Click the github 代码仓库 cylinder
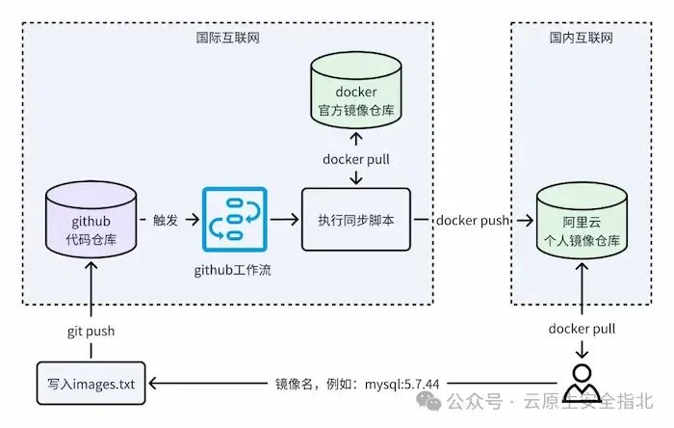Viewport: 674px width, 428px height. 91,220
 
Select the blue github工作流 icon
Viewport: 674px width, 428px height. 235,220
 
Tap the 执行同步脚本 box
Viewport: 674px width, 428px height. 356,220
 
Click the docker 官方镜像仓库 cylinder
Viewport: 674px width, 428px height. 356,91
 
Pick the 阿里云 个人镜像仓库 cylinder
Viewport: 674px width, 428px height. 582,221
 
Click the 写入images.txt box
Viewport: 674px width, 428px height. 91,384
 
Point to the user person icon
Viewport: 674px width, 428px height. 582,384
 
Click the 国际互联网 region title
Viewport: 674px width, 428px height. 228,38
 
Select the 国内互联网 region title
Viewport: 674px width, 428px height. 582,38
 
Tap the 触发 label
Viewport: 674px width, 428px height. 166,220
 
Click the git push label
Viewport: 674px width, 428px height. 91,332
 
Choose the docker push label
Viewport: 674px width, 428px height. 473,220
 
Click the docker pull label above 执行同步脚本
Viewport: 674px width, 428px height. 356,159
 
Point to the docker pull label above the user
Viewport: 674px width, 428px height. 582,329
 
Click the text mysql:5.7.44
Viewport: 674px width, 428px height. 402,384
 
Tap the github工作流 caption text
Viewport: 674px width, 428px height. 233,270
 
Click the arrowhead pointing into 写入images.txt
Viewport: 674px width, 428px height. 152,384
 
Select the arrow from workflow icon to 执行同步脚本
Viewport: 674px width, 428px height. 284,220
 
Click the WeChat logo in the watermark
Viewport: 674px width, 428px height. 428,401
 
